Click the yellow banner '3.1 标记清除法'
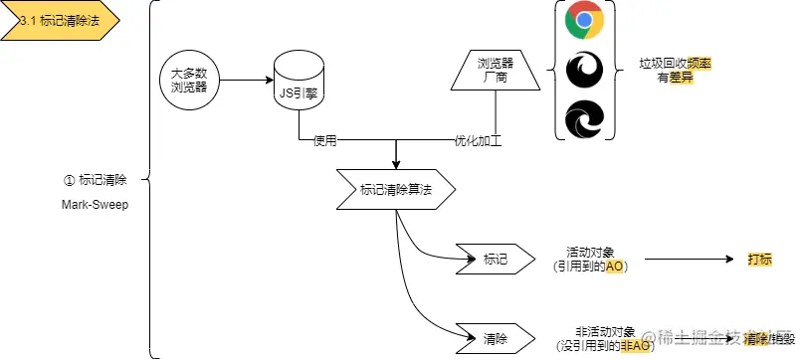(x=61, y=21)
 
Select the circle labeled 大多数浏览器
(x=188, y=79)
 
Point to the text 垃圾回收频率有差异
(x=675, y=70)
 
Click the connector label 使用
(x=325, y=140)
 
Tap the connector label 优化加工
(x=478, y=140)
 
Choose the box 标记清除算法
(x=396, y=189)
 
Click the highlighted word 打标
(x=760, y=260)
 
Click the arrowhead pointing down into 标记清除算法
(x=396, y=163)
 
